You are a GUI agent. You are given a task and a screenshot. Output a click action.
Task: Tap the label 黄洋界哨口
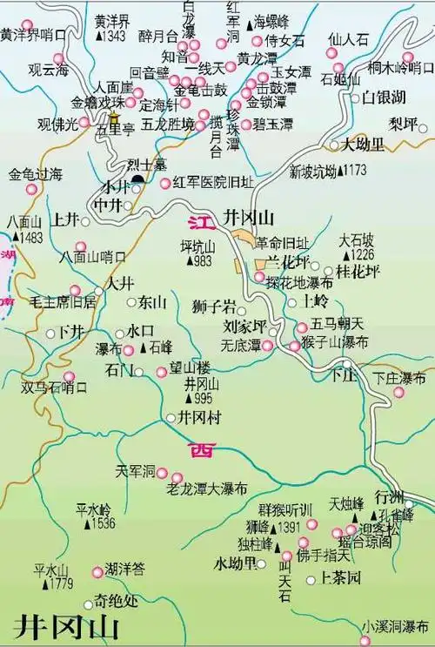tap(32, 36)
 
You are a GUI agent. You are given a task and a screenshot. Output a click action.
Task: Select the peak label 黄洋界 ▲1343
tap(111, 30)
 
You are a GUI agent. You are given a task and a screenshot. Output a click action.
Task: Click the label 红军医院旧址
tap(214, 182)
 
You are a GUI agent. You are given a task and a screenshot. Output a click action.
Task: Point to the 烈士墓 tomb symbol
tap(138, 180)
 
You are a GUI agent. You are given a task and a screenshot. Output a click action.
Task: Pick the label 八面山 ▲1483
tap(23, 229)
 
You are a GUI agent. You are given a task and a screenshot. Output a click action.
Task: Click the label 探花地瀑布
tap(301, 284)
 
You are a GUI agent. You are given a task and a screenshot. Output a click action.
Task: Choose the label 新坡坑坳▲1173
tap(328, 169)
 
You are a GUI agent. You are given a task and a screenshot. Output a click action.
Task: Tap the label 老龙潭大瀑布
tap(208, 489)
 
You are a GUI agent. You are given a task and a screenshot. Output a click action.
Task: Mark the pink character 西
tap(201, 449)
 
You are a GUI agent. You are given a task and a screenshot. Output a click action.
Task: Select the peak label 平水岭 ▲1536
tap(95, 516)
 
